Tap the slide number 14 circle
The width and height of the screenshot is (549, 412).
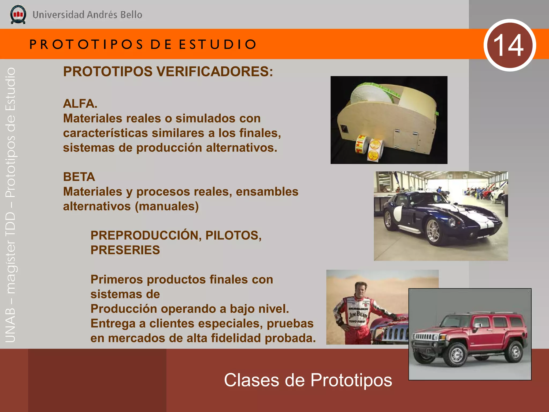pyautogui.click(x=510, y=45)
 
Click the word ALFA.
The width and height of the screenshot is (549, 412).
pyautogui.click(x=80, y=104)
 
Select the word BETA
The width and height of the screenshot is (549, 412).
pyautogui.click(x=79, y=177)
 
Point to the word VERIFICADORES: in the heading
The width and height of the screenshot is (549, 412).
pyautogui.click(x=215, y=72)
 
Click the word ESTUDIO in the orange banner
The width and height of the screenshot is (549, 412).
pyautogui.click(x=218, y=45)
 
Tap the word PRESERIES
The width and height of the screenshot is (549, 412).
pyautogui.click(x=125, y=250)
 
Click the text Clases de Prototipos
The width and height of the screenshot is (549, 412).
pyautogui.click(x=308, y=380)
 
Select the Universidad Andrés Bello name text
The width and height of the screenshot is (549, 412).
pyautogui.click(x=87, y=15)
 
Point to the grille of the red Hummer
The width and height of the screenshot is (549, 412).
pyautogui.click(x=425, y=337)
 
